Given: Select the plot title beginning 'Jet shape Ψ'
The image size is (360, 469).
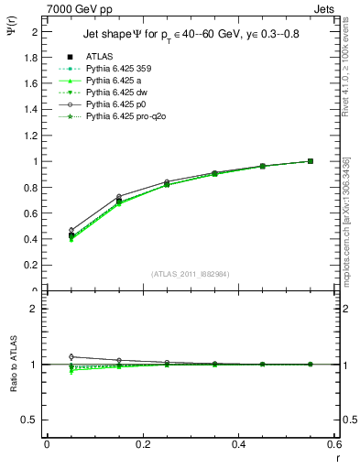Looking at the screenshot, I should coord(190,34).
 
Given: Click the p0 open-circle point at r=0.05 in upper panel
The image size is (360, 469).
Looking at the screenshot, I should coord(47,230).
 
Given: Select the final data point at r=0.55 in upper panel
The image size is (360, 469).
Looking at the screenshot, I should coord(310,161).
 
